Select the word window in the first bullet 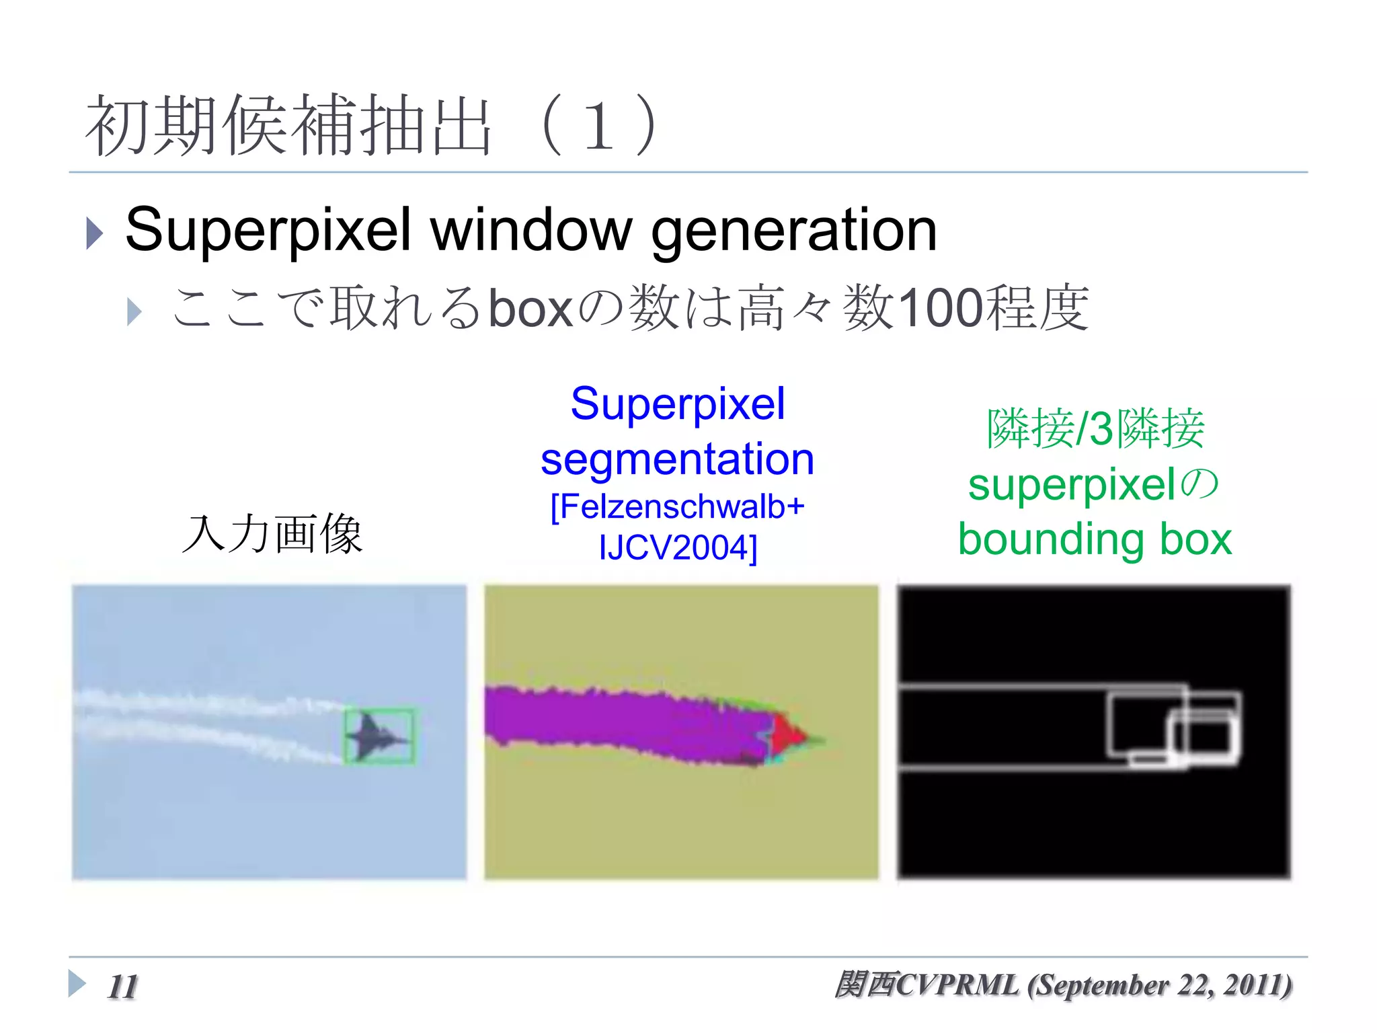[x=531, y=230]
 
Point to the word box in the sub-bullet [x=530, y=308]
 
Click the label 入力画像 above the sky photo [x=272, y=534]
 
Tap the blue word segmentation [x=677, y=459]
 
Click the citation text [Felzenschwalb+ [x=677, y=506]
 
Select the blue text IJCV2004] [x=677, y=547]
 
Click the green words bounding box [x=1095, y=539]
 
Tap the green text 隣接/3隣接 [x=1095, y=428]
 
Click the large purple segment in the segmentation [x=625, y=723]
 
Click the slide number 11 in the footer [x=122, y=987]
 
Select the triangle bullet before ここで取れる [x=134, y=312]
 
